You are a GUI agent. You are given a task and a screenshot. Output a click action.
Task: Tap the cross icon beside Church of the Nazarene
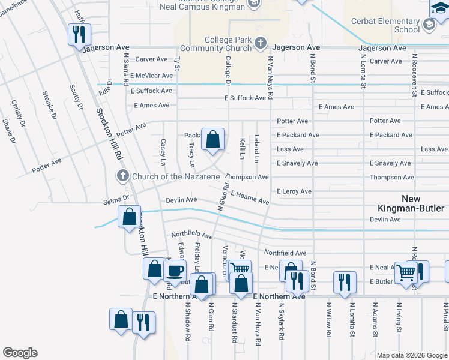[122, 176]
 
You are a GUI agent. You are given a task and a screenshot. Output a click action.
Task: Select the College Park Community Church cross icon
[260, 43]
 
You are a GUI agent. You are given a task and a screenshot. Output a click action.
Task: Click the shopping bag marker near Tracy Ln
[212, 140]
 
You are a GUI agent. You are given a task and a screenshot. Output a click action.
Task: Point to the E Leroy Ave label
[294, 191]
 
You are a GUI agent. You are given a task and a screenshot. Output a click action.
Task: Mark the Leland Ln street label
[256, 148]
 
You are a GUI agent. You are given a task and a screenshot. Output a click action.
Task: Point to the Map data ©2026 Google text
[411, 355]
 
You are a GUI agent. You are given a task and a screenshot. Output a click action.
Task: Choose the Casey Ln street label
[163, 152]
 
